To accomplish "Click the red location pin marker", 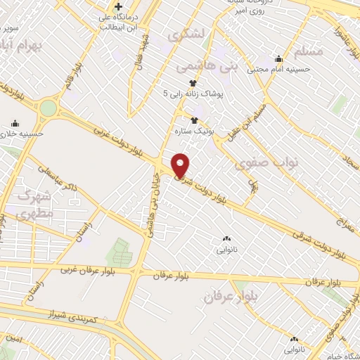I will tap(181, 165).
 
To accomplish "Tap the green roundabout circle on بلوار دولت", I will tap(48, 108).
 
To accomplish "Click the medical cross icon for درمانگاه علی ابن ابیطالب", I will tap(119, 8).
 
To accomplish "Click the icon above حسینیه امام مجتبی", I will tap(279, 58).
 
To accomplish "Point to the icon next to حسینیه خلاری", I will tap(13, 122).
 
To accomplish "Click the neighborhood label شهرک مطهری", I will tap(32, 205).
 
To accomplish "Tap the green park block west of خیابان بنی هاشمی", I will tap(117, 252).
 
